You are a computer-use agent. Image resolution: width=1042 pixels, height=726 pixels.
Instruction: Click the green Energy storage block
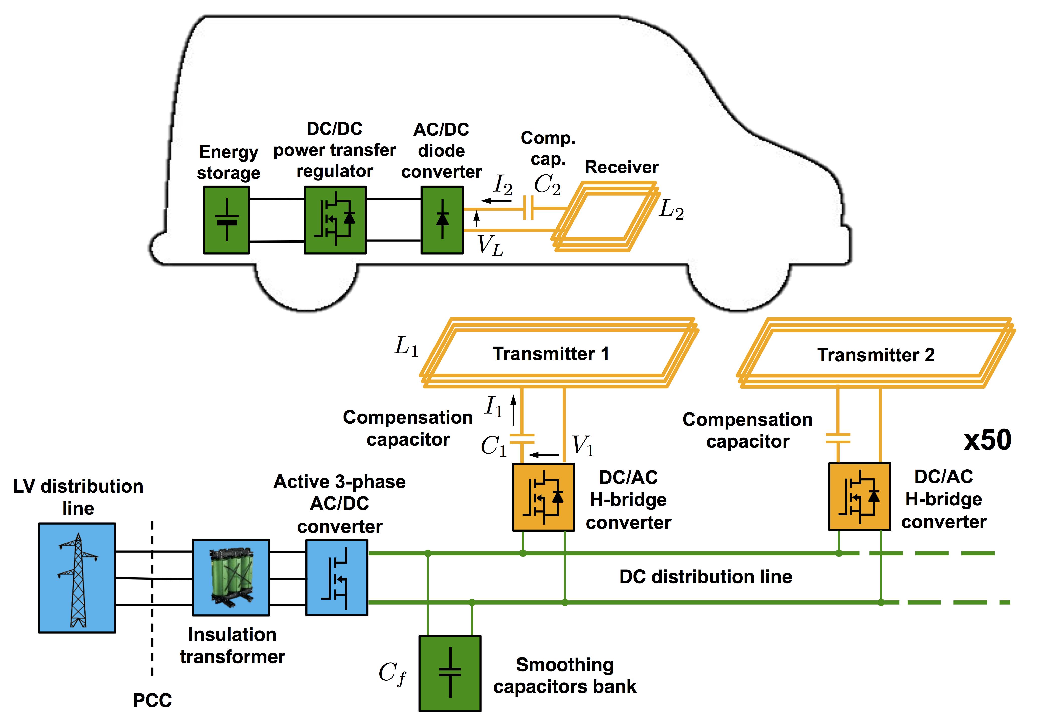click(x=226, y=220)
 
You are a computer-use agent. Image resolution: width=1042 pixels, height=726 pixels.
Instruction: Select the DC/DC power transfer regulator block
click(x=334, y=220)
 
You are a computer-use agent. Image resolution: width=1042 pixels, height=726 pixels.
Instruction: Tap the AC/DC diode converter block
click(x=442, y=220)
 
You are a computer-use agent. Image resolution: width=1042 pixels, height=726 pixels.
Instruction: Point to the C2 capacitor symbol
click(x=528, y=208)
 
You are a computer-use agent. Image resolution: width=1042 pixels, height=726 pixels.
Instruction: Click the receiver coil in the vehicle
click(x=603, y=217)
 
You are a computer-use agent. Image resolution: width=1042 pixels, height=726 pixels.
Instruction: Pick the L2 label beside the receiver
click(x=671, y=210)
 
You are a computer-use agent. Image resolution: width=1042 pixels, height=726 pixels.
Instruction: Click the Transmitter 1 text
click(x=551, y=354)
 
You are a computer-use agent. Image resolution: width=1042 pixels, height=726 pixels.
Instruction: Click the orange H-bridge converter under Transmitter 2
click(x=859, y=496)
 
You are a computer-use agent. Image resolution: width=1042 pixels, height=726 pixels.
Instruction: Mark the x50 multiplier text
click(x=988, y=440)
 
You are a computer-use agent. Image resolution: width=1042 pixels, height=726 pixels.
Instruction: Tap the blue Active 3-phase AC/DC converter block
click(x=337, y=578)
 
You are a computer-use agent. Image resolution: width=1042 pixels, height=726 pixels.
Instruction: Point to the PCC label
click(x=152, y=700)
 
